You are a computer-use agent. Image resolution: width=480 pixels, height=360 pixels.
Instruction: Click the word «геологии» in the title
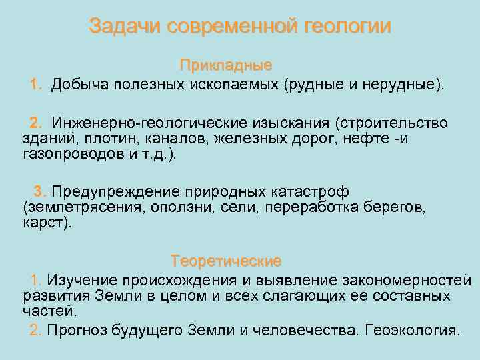pos(347,27)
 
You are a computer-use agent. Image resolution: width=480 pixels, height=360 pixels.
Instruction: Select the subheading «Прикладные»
pos(226,65)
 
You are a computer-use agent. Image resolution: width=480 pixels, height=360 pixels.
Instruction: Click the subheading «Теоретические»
pos(226,260)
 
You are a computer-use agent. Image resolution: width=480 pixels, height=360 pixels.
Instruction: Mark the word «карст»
pos(44,222)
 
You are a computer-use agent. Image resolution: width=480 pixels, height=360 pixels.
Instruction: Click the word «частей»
pos(49,310)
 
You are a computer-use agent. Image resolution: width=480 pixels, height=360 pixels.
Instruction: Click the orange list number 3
pos(39,192)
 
